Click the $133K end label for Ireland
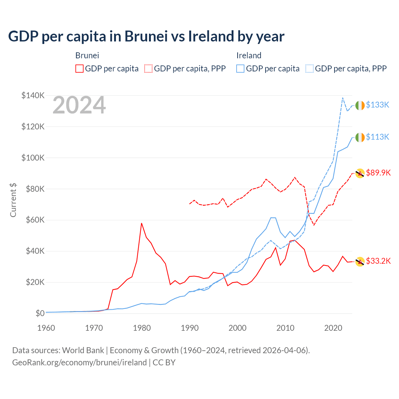tap(377, 105)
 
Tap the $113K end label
tap(377, 137)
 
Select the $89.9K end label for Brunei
tap(378, 173)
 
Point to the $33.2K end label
tap(378, 261)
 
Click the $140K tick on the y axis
tap(33, 95)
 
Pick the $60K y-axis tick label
tap(33, 220)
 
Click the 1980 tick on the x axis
tap(142, 328)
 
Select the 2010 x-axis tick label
tap(285, 328)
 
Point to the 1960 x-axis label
tap(46, 328)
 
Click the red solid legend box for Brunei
tap(79, 69)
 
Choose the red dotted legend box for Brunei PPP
tap(148, 69)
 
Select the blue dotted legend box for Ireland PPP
tap(310, 69)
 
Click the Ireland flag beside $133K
tap(360, 106)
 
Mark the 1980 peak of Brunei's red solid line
tap(142, 223)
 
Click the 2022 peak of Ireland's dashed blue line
tap(343, 98)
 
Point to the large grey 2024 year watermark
tap(79, 105)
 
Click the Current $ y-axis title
tap(13, 200)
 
